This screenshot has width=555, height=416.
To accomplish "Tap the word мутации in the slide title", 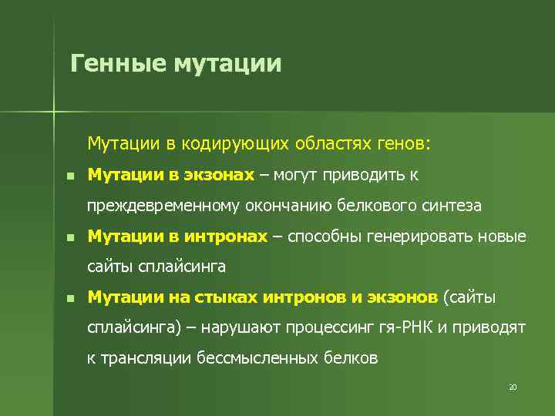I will [228, 63].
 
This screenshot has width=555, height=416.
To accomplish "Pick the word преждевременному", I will [163, 206].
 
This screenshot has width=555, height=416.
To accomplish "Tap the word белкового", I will [382, 206].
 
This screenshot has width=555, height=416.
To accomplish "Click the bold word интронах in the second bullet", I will [226, 237].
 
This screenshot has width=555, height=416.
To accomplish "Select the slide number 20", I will [512, 387].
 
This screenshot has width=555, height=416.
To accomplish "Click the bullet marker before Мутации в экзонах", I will [70, 176].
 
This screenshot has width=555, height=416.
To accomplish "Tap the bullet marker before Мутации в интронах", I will [70, 237].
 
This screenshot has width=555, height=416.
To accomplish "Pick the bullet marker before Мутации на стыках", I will [70, 297].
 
